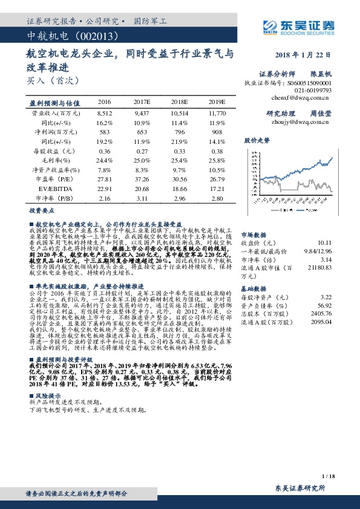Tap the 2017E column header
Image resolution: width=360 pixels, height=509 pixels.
click(141, 102)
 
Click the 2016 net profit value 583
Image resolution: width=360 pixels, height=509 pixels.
click(104, 131)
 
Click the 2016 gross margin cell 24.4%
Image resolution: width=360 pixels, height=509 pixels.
click(104, 160)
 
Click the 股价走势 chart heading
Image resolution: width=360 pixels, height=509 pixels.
click(257, 140)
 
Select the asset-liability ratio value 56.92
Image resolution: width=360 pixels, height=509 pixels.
click(326, 305)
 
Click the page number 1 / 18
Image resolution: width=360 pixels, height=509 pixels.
click(328, 477)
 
